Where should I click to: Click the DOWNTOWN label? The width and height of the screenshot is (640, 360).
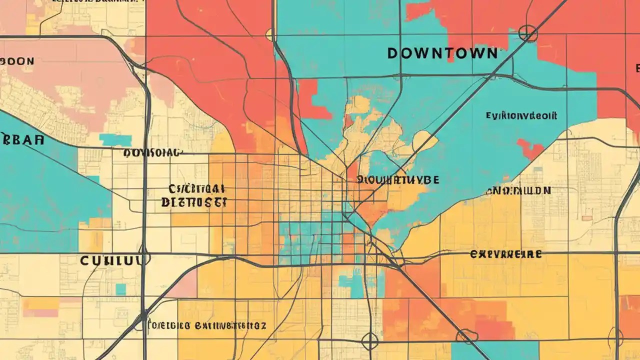(x=442, y=53)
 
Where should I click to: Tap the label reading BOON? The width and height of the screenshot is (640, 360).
(x=17, y=61)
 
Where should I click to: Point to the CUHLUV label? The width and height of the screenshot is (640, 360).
(x=114, y=260)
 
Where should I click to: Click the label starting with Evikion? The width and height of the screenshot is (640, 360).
(x=521, y=115)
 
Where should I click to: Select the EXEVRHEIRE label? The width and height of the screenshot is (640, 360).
(x=505, y=254)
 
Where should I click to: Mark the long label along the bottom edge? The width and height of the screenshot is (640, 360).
(x=207, y=326)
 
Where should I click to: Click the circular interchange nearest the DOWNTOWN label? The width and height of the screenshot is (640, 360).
(x=527, y=34)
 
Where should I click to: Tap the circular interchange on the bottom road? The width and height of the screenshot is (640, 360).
(x=370, y=341)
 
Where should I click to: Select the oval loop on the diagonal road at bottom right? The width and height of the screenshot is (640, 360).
(x=467, y=335)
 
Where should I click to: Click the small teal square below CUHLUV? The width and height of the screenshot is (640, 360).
(x=120, y=289)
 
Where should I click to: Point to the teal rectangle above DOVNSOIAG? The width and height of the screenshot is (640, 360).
(x=115, y=140)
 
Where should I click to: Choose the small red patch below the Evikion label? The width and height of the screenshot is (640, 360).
(x=530, y=148)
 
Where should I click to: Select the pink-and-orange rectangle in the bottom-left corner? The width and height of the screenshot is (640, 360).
(x=41, y=306)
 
